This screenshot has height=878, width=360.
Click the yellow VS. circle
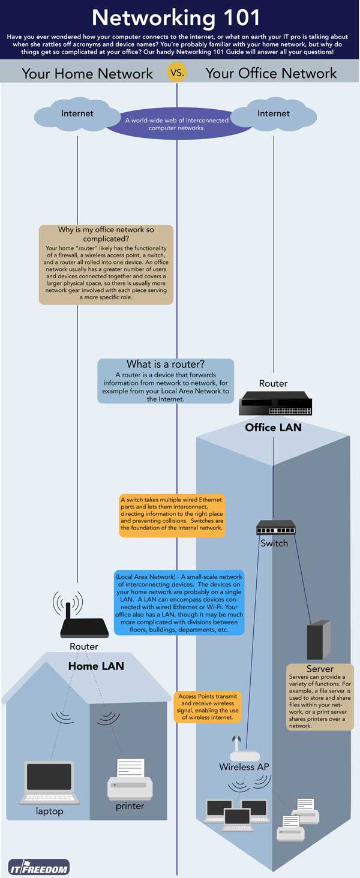177,73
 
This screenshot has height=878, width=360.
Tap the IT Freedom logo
39,867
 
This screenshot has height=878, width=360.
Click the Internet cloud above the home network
77,115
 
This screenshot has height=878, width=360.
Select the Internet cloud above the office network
274,115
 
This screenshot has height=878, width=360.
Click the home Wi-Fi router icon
84,624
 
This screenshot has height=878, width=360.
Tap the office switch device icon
275,528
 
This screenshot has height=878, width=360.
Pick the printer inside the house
130,779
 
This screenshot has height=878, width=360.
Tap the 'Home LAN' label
96,666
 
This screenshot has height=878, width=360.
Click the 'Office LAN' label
273,428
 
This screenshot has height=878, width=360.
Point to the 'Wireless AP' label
244,767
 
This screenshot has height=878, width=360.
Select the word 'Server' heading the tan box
320,669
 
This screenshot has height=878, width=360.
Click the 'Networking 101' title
176,18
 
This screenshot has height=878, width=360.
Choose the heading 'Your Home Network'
88,74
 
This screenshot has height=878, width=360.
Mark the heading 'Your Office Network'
271,74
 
